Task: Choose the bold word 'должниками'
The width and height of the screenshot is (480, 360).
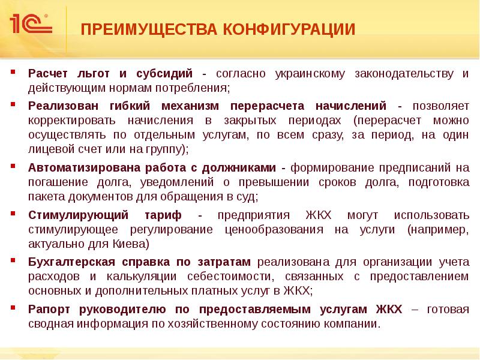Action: click(247, 167)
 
